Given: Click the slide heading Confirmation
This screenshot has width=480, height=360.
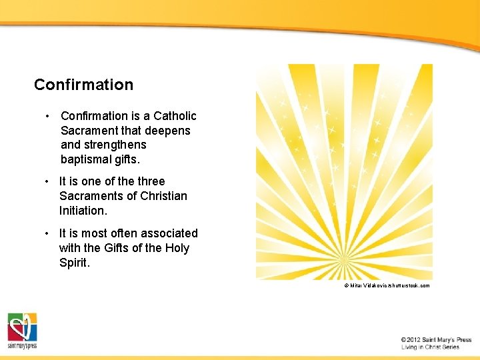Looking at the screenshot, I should [x=83, y=85].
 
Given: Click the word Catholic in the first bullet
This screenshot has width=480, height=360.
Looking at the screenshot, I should [x=175, y=116].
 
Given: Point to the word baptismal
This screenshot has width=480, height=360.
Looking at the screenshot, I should [x=87, y=159].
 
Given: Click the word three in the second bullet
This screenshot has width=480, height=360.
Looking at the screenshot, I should [x=151, y=181].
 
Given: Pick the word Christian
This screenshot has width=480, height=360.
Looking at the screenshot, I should [x=161, y=196].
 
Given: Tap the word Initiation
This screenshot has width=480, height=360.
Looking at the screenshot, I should [x=82, y=210].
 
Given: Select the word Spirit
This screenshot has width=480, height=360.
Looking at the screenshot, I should [x=74, y=263].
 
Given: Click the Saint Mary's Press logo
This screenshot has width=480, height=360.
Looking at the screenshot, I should [x=22, y=330].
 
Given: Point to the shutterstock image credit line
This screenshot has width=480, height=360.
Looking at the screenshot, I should [x=387, y=285].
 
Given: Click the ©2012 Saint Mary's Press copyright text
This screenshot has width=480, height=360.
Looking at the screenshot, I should [x=436, y=339].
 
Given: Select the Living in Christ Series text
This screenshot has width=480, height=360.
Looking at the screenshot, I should [x=430, y=347].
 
